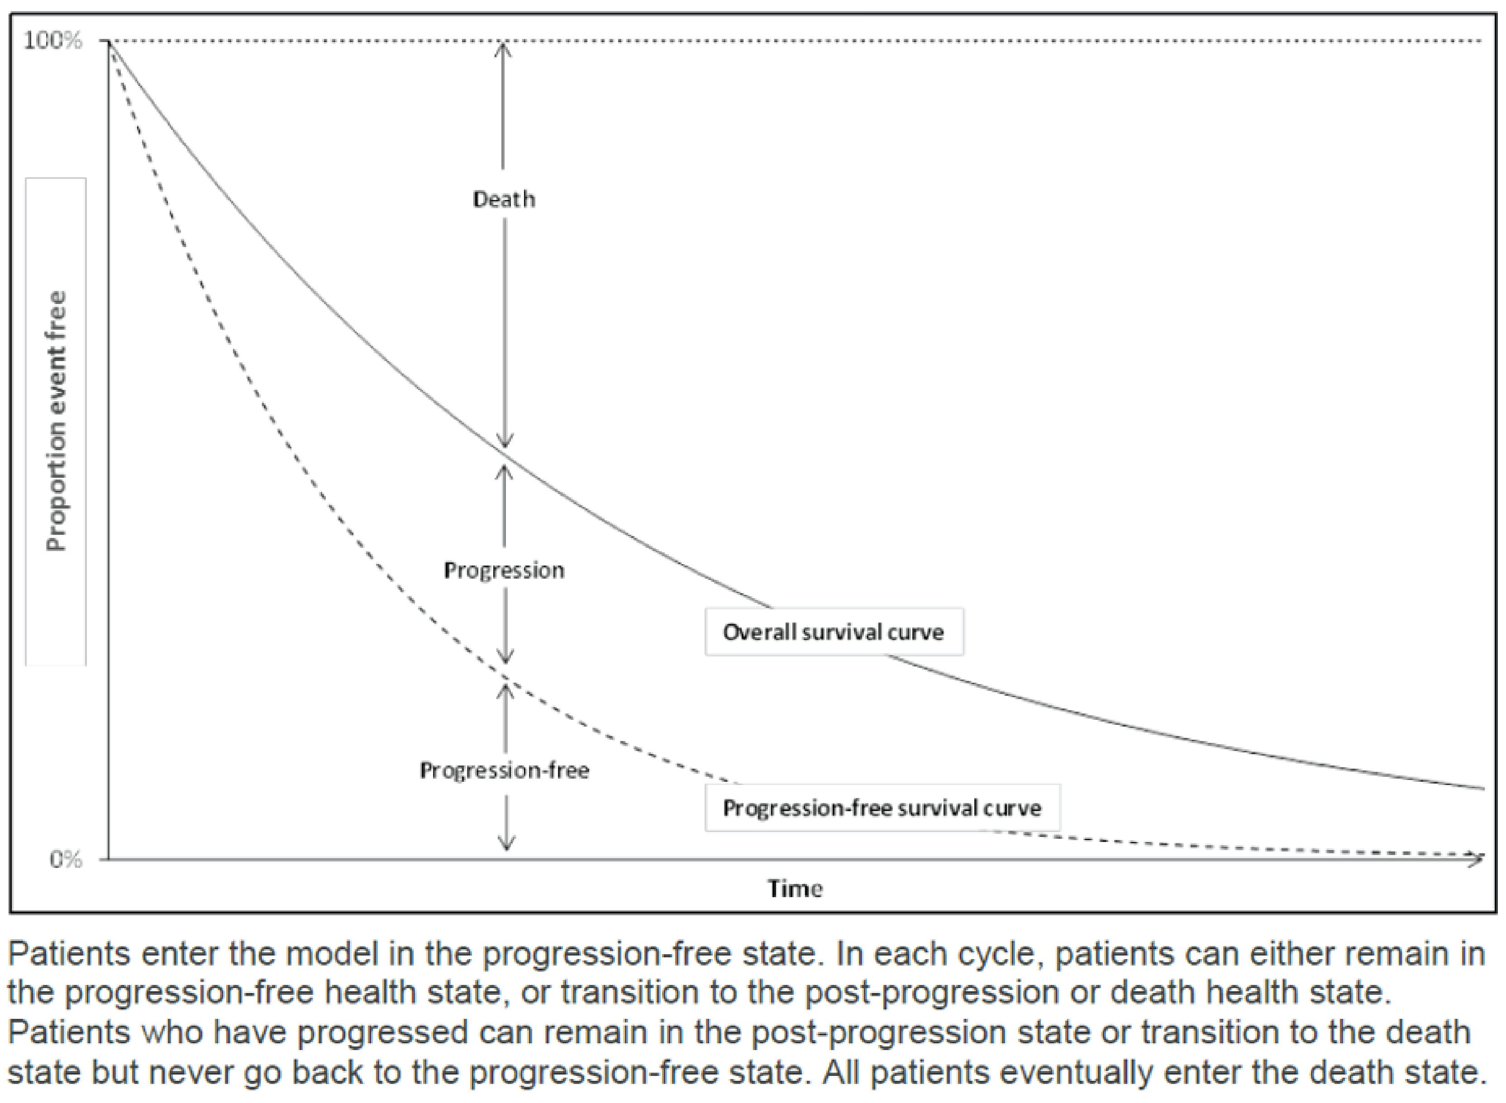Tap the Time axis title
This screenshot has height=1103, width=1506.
coord(794,889)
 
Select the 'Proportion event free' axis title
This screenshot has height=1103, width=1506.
coord(57,421)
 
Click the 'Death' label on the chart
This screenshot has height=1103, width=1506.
coord(504,199)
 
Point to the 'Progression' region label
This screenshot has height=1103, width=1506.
coord(504,570)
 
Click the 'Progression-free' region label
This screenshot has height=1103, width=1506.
coord(504,770)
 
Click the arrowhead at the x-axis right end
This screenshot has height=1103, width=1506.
coord(1478,859)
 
